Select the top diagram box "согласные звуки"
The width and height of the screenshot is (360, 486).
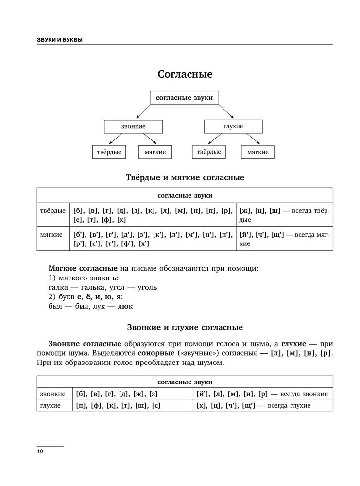pos(184,98)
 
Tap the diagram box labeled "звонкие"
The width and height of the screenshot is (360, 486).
pos(133,126)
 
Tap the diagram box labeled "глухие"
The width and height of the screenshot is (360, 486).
pos(233,126)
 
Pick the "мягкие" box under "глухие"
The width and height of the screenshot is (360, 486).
pos(257,152)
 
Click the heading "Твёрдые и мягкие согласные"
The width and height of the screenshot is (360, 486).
pos(185,177)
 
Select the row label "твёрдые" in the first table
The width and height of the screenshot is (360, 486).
pos(53,211)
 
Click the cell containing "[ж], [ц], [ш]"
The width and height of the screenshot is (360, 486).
pos(284,215)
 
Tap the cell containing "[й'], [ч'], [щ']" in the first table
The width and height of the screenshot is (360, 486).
pos(284,239)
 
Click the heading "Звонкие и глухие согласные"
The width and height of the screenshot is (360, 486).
pos(185,327)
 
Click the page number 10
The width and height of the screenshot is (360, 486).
pos(40,451)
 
